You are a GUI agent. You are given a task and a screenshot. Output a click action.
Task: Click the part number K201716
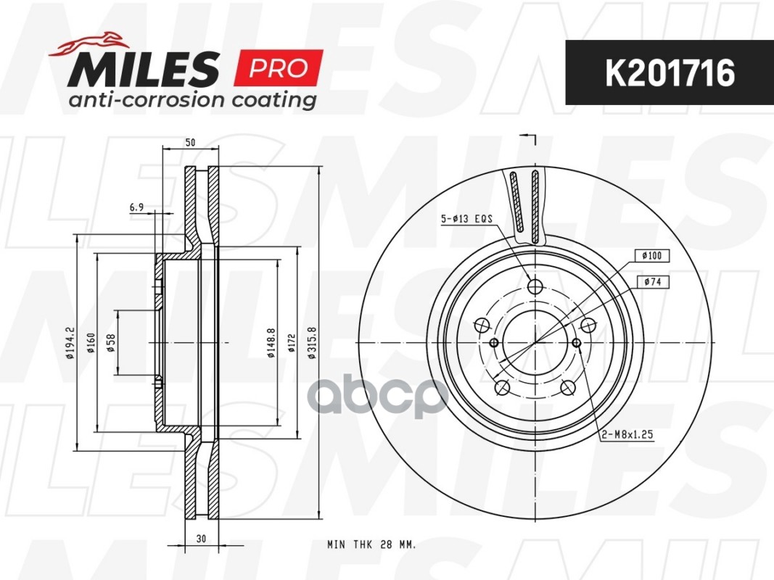coord(670,73)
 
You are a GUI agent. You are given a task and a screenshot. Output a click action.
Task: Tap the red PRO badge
coord(279,68)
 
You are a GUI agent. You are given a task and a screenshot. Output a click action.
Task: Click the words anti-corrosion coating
coord(192,100)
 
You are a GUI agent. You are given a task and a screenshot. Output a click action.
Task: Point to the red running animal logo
coord(88,43)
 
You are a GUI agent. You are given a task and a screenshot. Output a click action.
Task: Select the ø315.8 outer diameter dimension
coord(312,343)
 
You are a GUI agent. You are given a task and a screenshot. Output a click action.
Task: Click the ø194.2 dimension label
coord(70,343)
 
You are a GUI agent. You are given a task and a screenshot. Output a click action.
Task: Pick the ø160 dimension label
coord(91,343)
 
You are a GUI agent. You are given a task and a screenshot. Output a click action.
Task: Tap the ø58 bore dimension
coord(111,343)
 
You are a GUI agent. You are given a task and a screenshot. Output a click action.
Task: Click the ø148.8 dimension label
coord(271,343)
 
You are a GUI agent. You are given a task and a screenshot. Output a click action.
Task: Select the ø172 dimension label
coord(292,343)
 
